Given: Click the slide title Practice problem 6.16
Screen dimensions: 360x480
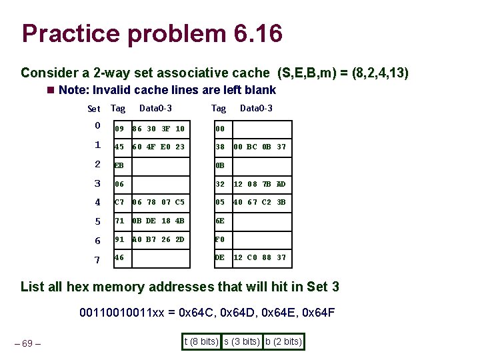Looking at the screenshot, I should [x=152, y=33].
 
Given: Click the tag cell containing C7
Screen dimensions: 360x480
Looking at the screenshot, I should [x=120, y=202].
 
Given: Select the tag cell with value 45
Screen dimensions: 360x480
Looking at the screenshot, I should [x=120, y=147].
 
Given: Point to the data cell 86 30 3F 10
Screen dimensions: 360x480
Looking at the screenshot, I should [x=159, y=129].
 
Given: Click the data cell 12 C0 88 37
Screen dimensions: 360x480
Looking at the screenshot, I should [x=260, y=257].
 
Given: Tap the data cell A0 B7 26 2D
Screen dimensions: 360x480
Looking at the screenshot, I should [x=159, y=239].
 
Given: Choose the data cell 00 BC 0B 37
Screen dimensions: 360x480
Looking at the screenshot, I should [x=260, y=147].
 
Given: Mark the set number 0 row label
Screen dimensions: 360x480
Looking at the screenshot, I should [x=97, y=126].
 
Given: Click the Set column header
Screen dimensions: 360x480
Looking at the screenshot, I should [x=94, y=109].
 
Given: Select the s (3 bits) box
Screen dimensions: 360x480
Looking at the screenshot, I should [x=241, y=342].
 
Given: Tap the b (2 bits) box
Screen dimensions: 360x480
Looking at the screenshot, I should [x=283, y=342].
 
